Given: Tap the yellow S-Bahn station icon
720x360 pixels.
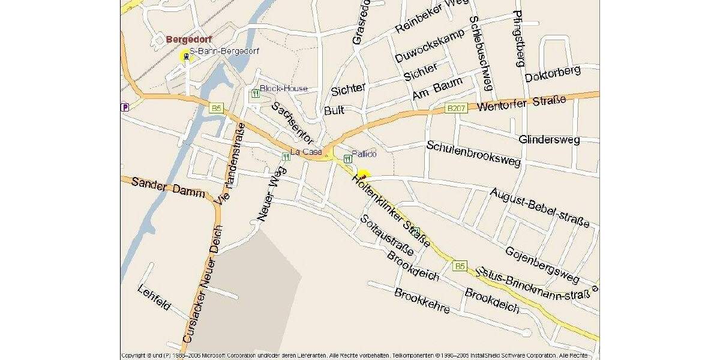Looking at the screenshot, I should click(x=185, y=56).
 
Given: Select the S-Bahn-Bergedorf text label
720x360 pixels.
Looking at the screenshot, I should click(x=224, y=51).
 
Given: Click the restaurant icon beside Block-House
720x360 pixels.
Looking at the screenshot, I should click(x=255, y=93).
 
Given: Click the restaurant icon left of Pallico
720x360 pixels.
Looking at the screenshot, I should click(x=347, y=158).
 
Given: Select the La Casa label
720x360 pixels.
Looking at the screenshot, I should click(x=306, y=152).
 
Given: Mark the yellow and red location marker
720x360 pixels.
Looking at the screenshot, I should click(x=364, y=174).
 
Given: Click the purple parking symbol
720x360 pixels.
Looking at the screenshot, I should click(x=124, y=107).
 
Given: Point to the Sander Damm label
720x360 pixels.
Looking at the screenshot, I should click(x=168, y=188).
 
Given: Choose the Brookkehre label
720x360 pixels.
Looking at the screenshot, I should click(x=422, y=300).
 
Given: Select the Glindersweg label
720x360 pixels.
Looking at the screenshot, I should click(x=550, y=139).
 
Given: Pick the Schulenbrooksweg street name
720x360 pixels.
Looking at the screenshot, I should click(x=473, y=154).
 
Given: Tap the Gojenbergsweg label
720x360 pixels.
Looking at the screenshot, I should click(x=542, y=265).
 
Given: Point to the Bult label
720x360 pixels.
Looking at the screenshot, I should click(x=334, y=110).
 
